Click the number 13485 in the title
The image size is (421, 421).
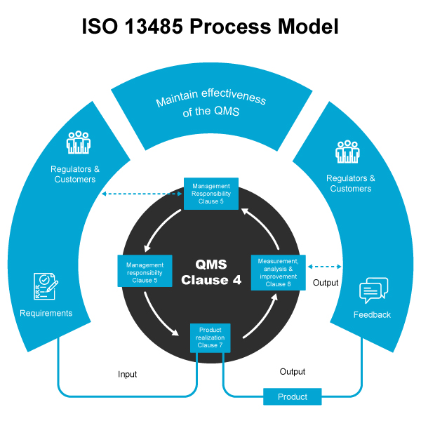click(x=154, y=27)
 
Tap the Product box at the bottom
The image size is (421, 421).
click(x=293, y=396)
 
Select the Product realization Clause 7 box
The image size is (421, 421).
click(x=210, y=338)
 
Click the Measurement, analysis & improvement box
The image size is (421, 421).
click(x=278, y=272)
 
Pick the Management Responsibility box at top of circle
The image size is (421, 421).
click(x=211, y=194)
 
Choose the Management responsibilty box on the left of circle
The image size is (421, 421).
click(x=145, y=271)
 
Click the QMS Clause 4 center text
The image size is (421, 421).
click(x=211, y=272)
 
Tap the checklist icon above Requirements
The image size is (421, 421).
click(x=46, y=286)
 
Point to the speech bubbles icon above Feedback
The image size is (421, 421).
click(x=373, y=290)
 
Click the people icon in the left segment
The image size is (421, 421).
click(x=79, y=142)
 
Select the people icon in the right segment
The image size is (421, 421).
click(x=347, y=152)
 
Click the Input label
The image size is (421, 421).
click(x=127, y=374)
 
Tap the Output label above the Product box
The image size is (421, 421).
click(x=293, y=372)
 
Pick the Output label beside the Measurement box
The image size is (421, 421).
click(x=326, y=283)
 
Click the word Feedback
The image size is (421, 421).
click(x=372, y=314)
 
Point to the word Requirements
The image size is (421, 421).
click(x=46, y=313)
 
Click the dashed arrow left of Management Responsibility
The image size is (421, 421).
click(x=142, y=194)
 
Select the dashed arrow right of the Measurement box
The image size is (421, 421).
click(x=325, y=267)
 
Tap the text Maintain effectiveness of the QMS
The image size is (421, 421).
click(x=211, y=103)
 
